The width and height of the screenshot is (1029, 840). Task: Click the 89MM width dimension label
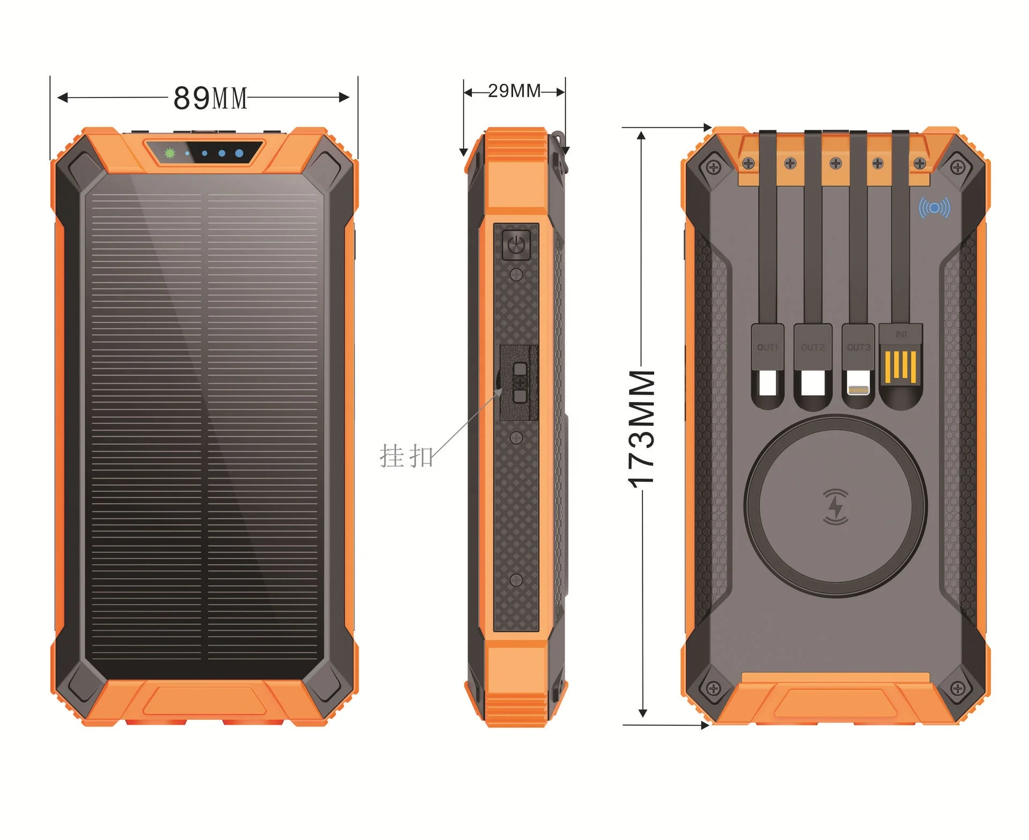pos(210,98)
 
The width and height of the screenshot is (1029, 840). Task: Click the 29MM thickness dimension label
pos(514,91)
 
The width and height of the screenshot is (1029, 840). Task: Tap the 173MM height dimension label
pos(642,428)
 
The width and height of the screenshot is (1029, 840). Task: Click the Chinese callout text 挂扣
pos(406,456)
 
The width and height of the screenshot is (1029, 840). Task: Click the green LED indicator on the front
pos(170,153)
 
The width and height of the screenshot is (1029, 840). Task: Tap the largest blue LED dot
pos(239,153)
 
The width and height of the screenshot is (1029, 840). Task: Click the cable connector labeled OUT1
pos(767,365)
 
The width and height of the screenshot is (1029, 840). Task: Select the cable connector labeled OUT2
pos(813,365)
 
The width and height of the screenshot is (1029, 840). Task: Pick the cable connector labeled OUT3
pos(858,365)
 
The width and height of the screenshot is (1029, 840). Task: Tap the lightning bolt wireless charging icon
pos(835,506)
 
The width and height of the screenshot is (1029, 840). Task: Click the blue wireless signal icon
pos(934,208)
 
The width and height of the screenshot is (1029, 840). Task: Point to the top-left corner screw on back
pos(713,167)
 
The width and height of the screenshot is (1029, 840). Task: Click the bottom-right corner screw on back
pos(957,688)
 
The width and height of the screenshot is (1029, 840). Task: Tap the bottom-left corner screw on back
pos(713,688)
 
